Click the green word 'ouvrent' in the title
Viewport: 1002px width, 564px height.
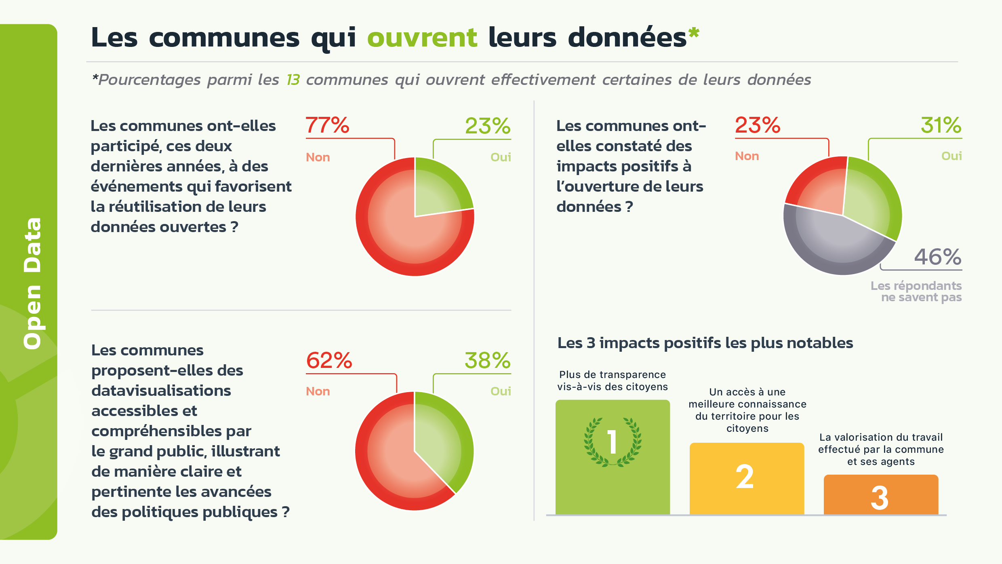422,38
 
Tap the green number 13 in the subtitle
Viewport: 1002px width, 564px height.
293,80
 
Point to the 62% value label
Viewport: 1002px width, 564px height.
329,360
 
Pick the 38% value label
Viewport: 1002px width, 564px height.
488,360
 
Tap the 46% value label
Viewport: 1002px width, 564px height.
938,257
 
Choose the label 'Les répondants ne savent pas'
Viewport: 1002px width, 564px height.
916,292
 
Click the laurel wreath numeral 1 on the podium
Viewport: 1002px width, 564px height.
613,441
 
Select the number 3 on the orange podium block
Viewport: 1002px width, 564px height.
880,498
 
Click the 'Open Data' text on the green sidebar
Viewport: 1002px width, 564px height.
32,283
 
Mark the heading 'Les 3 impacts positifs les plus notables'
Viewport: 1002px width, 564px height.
705,343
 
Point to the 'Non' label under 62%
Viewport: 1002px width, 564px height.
318,391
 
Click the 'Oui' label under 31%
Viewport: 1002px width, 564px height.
951,156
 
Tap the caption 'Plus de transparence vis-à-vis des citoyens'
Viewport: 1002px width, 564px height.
613,380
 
